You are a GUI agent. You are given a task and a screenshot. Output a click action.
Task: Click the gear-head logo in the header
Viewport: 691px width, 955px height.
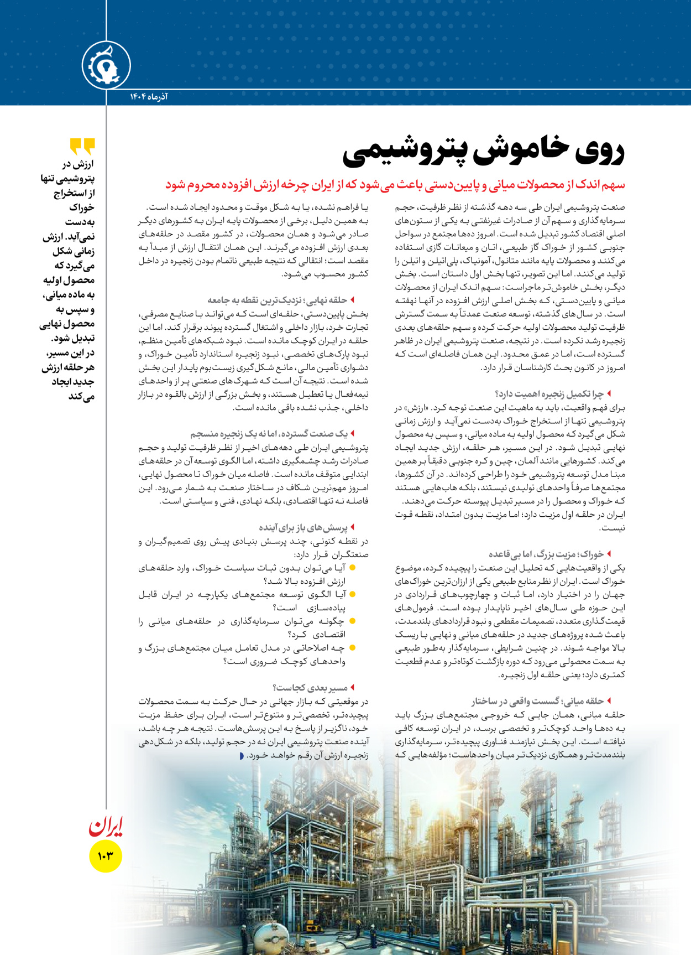click(x=106, y=66)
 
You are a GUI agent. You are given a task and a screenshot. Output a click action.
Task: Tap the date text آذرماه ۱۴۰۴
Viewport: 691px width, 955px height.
click(x=149, y=97)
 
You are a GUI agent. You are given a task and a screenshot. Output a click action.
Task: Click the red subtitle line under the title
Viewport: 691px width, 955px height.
click(x=395, y=185)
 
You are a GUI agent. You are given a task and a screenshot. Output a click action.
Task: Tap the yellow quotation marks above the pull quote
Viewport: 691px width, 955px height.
click(x=82, y=147)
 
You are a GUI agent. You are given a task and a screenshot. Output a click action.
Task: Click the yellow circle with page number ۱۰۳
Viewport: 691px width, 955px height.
click(x=105, y=856)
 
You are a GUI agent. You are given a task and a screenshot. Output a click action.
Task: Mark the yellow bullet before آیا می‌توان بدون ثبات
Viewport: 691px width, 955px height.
click(x=352, y=568)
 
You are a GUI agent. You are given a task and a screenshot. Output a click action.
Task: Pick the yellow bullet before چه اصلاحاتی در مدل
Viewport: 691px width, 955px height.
click(x=352, y=648)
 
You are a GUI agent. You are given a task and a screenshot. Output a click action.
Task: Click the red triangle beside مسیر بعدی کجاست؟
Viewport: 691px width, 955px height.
click(x=352, y=688)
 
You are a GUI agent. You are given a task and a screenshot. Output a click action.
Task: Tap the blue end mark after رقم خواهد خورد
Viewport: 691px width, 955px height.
click(x=241, y=756)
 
